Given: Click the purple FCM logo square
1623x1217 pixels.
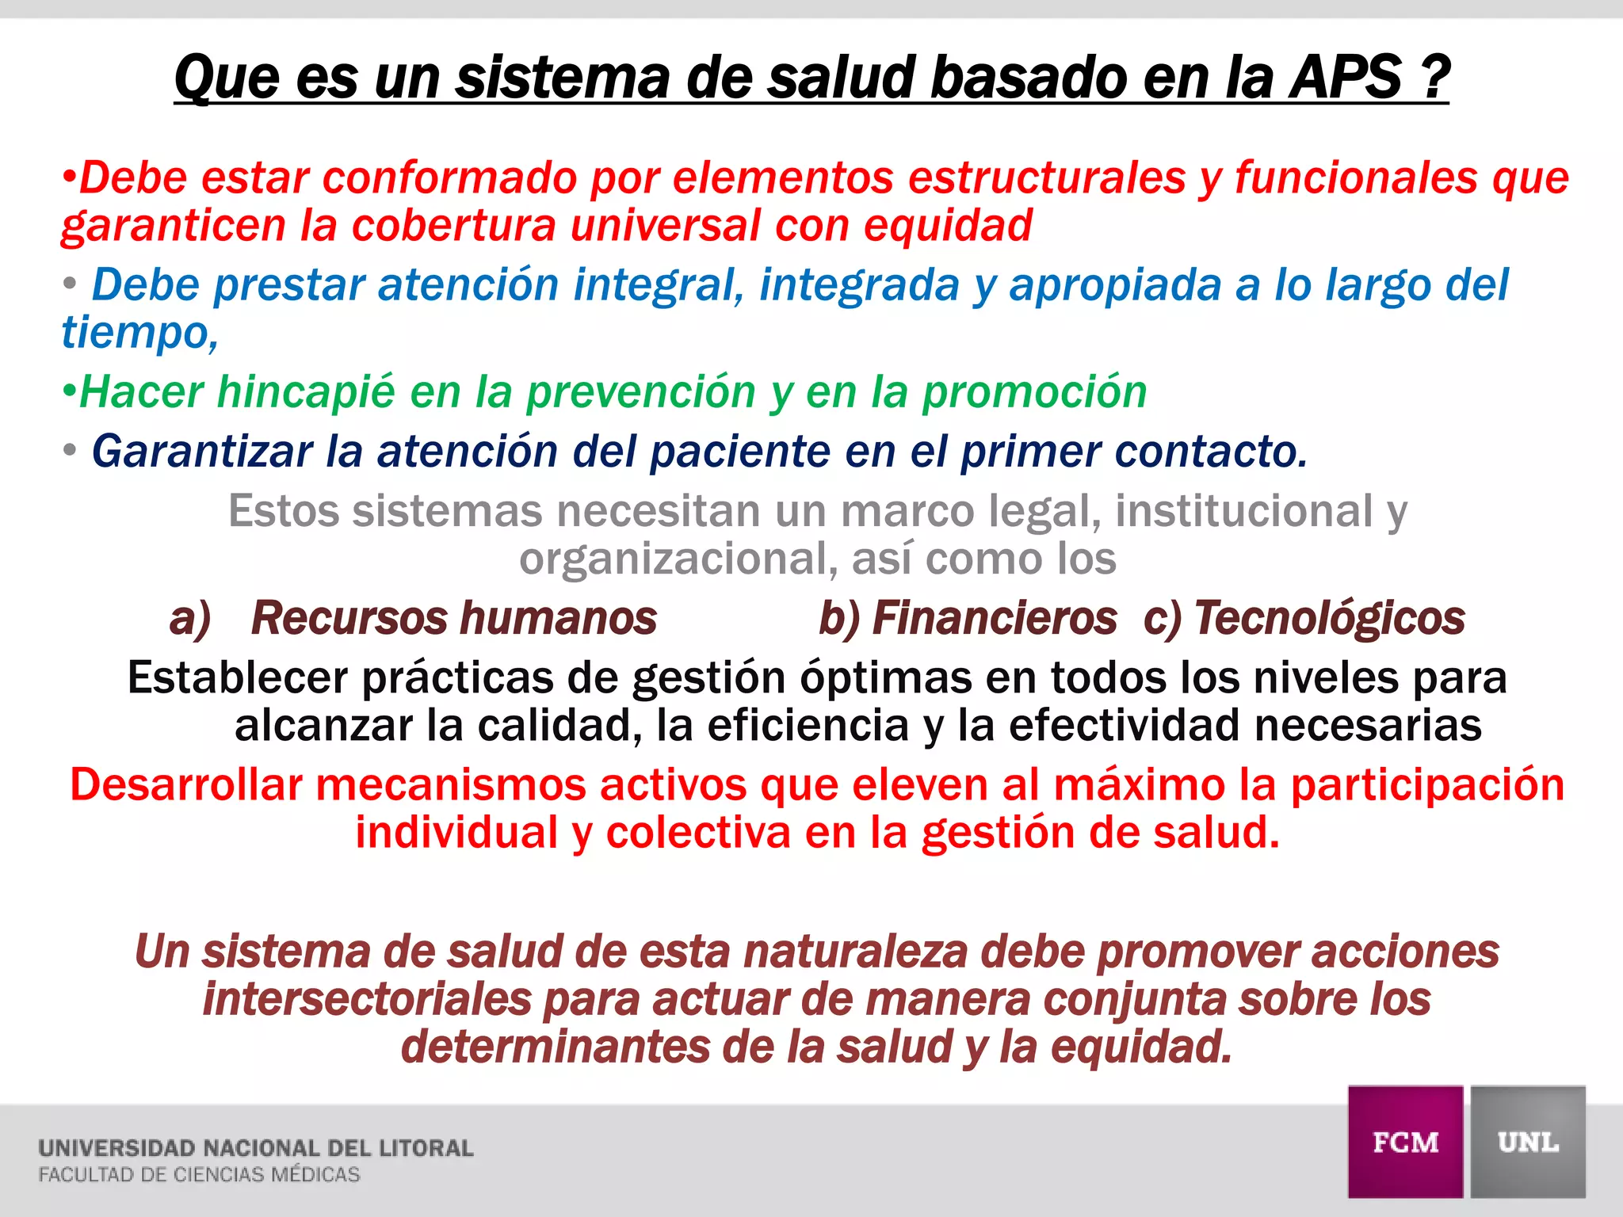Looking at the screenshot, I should (x=1405, y=1142).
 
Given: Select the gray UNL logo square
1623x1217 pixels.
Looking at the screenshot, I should (x=1528, y=1142).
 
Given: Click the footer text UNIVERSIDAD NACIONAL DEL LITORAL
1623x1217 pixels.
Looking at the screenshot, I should (x=255, y=1148).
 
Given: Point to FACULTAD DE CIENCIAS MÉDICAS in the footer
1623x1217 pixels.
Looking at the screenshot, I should (x=199, y=1175).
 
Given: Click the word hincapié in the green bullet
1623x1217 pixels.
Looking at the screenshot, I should (x=305, y=392).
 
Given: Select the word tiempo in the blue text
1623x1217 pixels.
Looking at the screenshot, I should (x=136, y=333).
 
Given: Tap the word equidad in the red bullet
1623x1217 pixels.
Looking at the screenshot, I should (x=948, y=226).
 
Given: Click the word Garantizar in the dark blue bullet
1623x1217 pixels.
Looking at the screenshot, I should (x=202, y=452).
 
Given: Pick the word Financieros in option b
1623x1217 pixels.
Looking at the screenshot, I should (x=994, y=618).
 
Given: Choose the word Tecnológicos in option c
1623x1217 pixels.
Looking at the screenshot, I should (x=1329, y=618).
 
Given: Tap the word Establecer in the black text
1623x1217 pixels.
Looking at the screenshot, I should (x=238, y=678).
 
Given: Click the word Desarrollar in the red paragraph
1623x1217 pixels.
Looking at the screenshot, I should (x=186, y=785).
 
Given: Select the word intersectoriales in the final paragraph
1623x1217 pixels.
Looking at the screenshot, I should (x=367, y=999).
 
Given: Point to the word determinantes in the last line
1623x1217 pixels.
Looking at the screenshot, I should (x=555, y=1047).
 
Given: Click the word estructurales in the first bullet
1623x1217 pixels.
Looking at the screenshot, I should (x=1046, y=177).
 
